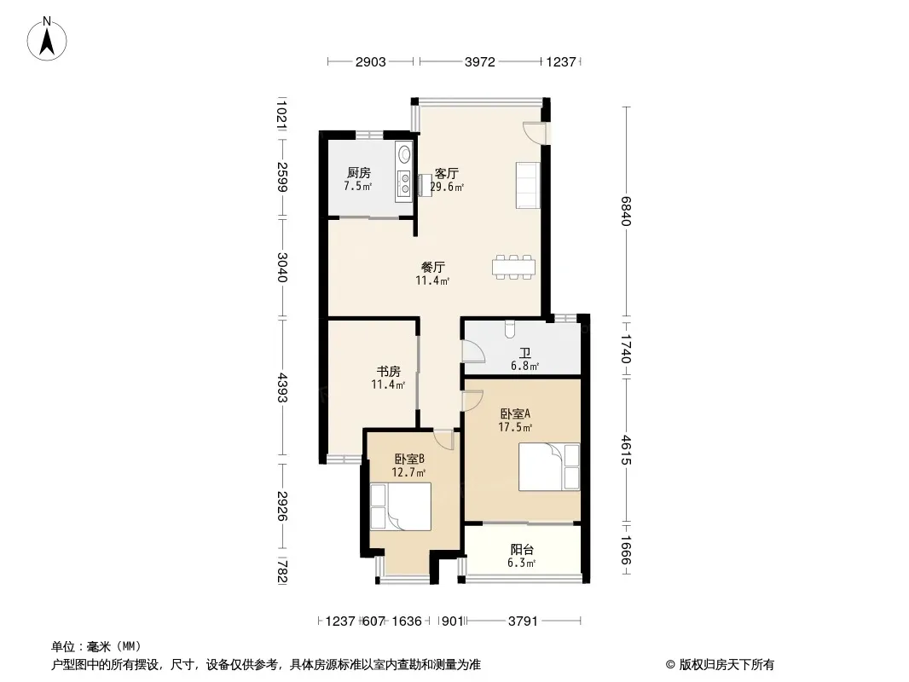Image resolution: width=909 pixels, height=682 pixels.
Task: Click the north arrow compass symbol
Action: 47,39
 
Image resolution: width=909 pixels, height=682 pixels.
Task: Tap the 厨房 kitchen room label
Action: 359,173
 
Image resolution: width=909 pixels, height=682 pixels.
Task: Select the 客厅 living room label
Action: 446,173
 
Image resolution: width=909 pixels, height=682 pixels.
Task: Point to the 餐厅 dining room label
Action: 433,267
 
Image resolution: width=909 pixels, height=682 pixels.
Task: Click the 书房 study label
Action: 388,371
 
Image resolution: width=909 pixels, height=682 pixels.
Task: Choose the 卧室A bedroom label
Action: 515,413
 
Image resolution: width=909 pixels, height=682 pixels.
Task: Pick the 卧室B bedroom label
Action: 409,459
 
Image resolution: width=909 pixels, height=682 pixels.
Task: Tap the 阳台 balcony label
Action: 522,549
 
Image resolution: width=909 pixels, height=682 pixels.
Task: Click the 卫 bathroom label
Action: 525,353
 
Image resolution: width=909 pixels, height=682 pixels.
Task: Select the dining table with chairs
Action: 513,267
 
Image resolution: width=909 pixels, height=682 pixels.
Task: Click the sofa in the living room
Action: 528,185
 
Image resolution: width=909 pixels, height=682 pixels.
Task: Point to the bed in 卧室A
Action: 549,467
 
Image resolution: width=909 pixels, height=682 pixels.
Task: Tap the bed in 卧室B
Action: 401,506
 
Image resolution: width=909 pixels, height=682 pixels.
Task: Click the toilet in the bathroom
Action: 510,328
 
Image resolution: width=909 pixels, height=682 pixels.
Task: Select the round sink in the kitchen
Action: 404,154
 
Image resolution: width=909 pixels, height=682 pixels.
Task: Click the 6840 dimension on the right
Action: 626,211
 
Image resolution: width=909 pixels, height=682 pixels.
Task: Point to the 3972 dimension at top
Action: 480,61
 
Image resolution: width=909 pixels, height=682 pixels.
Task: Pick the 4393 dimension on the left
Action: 281,387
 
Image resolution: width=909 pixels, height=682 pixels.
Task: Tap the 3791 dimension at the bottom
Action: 523,621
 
